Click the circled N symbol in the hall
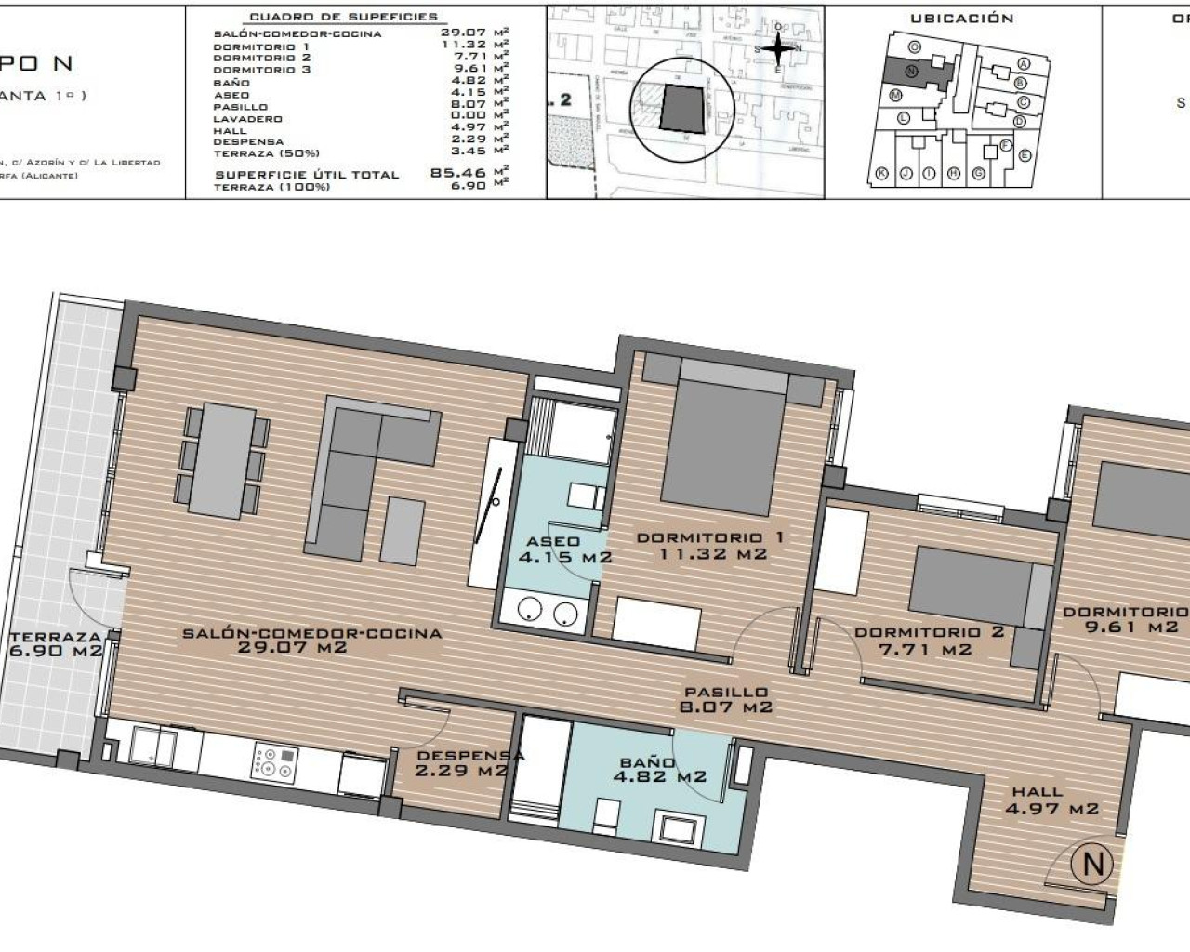click(1091, 864)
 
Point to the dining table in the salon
click(221, 460)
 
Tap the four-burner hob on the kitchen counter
click(273, 762)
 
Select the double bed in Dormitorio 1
click(723, 446)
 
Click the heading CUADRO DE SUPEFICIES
click(343, 17)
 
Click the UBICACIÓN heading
click(961, 19)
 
